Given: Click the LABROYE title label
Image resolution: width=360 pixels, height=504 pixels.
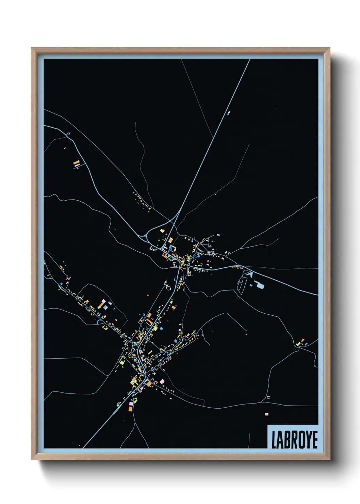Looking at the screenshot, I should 294,439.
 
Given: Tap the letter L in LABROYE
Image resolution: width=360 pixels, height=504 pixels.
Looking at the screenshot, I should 274,440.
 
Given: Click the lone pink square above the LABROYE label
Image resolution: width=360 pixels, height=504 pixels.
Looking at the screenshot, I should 266,414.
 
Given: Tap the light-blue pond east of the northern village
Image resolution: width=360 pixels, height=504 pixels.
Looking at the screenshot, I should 260,285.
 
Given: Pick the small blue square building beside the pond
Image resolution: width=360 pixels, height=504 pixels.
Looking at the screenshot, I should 251,285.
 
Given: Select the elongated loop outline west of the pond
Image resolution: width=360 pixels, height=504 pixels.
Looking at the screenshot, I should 242,285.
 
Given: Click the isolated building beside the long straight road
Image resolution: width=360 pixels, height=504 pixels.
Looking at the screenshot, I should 228,113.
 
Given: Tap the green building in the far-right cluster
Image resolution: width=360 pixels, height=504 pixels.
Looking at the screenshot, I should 298,344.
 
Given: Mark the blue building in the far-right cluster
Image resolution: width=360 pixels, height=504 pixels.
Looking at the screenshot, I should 306,344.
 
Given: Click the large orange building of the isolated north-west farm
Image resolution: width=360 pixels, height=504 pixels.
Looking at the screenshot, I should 77,163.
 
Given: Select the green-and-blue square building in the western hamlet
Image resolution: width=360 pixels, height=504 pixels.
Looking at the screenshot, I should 105,307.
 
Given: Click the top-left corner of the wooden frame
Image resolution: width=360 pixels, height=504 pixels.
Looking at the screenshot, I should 32,48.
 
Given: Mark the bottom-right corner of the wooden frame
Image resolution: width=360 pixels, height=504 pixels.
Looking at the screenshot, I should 330,459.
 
